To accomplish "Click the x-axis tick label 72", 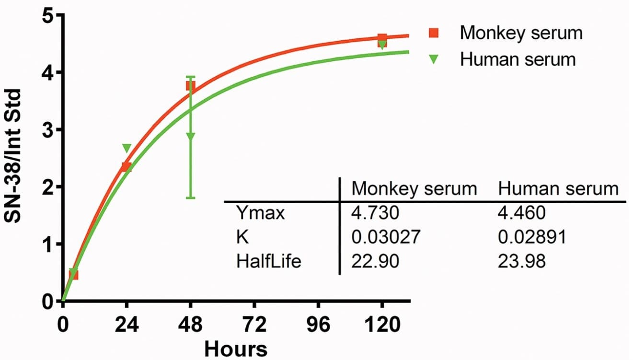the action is pos(254,325).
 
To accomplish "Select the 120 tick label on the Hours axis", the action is pos(382,325).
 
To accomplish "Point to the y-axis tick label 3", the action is pos(47,130).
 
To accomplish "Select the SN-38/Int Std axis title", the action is pos(13,156).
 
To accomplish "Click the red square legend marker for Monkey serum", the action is pos(434,33).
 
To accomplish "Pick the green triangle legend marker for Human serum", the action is pos(434,59).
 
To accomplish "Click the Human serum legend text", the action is pos(518,59).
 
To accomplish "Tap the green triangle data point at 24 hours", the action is pos(127,148).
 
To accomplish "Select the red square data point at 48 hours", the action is pos(190,86).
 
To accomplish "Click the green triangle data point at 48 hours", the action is pos(191,136).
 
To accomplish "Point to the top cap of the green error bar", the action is pos(191,77).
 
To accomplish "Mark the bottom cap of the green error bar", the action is pos(191,197).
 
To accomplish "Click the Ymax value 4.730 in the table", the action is pos(375,213).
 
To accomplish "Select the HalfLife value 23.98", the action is pos(521,261).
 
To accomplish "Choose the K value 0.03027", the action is pos(386,237).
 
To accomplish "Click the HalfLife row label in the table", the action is pos(269,261).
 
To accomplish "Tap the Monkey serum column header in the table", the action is pos(414,188).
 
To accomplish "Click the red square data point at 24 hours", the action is pos(127,167).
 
